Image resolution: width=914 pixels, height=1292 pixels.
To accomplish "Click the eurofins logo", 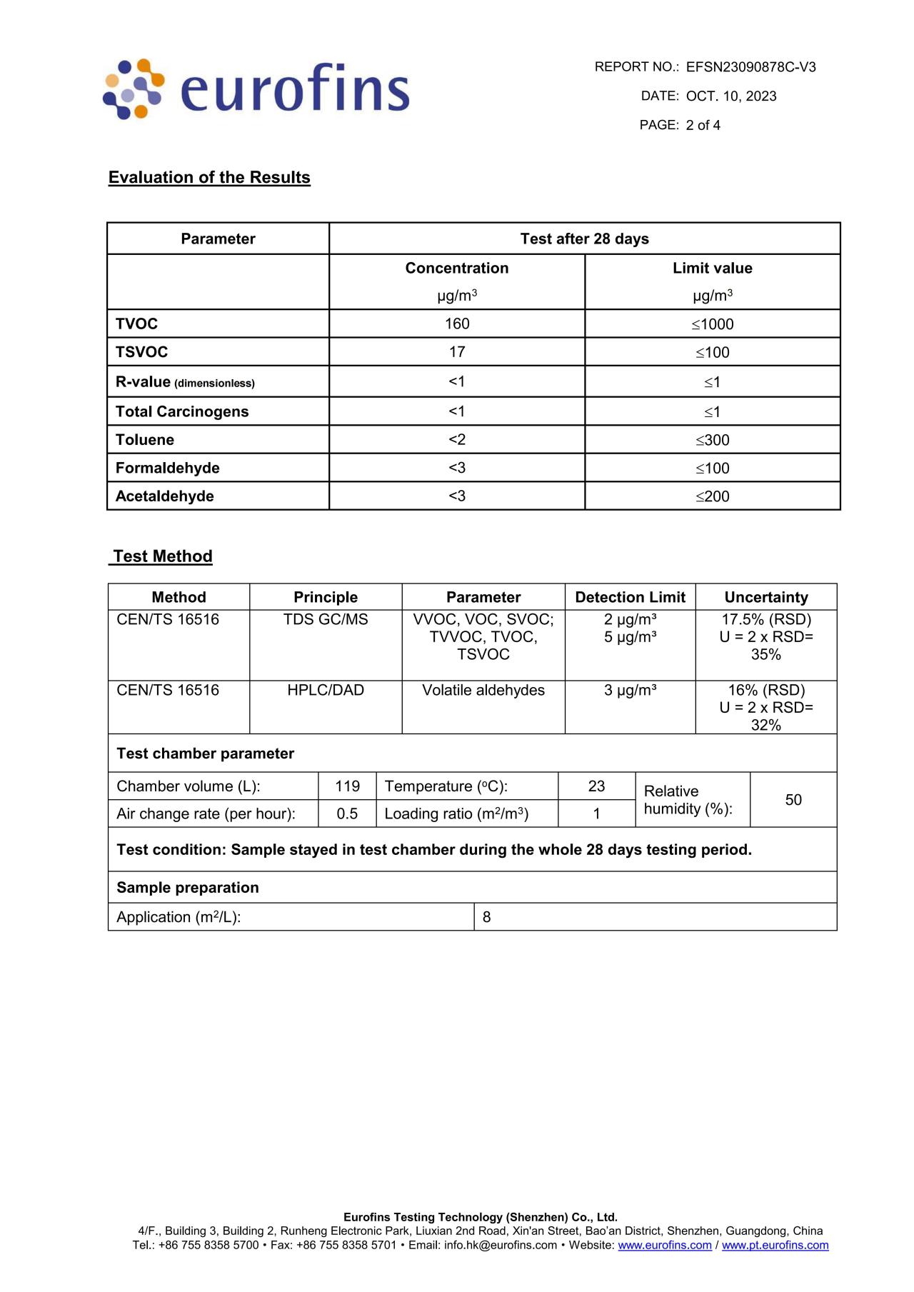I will click(257, 89).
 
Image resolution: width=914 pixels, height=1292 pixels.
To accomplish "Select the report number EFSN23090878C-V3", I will click(750, 67).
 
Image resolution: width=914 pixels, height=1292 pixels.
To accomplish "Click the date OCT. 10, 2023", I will click(730, 96).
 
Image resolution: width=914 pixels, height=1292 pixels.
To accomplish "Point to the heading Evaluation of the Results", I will click(209, 177).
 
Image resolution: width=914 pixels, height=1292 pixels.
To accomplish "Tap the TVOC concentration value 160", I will click(457, 324).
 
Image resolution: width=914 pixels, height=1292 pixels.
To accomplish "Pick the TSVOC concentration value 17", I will click(457, 352).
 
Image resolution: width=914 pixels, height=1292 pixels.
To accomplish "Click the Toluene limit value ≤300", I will click(713, 440).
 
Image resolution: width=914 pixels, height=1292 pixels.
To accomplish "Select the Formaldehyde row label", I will click(168, 468).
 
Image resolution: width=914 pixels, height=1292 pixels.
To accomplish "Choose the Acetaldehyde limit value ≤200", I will click(713, 496).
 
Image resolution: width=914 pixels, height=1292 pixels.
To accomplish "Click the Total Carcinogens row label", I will click(182, 411).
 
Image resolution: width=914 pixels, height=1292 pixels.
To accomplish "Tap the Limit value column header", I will click(712, 268).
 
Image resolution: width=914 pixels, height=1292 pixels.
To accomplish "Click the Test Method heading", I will click(163, 556).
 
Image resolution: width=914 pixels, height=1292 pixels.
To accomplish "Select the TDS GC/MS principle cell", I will click(326, 619).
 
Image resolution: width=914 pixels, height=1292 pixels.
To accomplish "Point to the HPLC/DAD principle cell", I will click(326, 690).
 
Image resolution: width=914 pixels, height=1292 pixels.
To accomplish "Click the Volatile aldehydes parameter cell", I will click(483, 690).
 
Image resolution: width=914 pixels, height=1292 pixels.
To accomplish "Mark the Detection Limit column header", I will click(630, 597).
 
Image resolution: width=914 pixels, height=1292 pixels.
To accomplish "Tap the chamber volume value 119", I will click(347, 786).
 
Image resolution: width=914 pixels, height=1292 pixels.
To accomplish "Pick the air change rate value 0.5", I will click(347, 813).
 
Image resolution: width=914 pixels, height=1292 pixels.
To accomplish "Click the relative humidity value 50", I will click(793, 800).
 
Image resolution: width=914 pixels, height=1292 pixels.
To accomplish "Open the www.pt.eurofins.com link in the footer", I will click(775, 1245).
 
